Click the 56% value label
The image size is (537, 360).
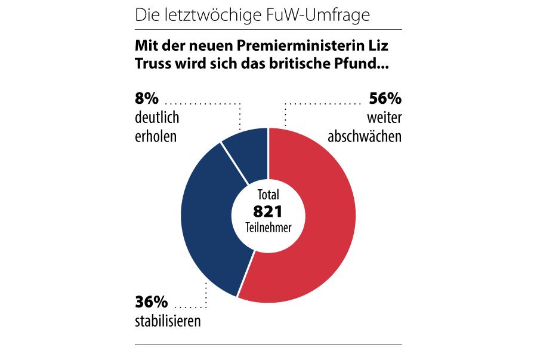385,98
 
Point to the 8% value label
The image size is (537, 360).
146,98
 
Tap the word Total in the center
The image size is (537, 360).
267,195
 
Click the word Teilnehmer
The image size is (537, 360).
267,227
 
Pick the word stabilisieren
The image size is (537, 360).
168,322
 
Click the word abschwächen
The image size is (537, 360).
365,136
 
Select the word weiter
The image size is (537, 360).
385,117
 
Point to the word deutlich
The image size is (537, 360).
157,117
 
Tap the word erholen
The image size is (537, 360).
156,136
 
